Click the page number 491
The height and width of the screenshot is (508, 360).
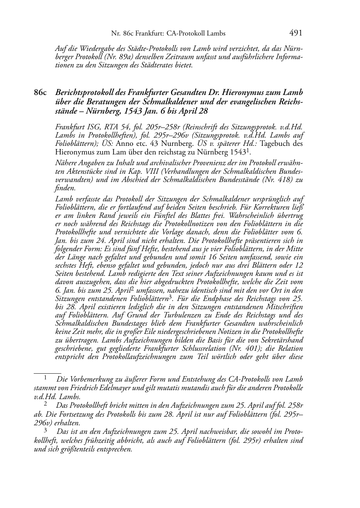(x=296, y=33)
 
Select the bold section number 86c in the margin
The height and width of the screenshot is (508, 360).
(x=40, y=93)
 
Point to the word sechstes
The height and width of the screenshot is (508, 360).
(x=67, y=265)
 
